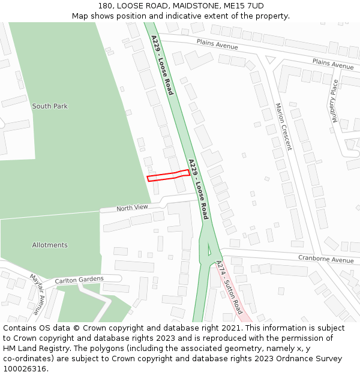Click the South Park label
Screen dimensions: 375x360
[x=50, y=106]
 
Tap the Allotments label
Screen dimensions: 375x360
[x=50, y=245]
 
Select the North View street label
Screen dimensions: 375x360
[x=132, y=208]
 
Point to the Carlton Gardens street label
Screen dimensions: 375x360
[x=79, y=280]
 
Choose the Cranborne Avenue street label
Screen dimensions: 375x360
[x=326, y=260]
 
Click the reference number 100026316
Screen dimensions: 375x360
[x=25, y=368]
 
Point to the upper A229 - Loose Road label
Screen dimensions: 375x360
[x=162, y=65]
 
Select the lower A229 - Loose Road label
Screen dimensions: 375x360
[x=198, y=188]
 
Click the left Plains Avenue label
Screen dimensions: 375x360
[x=217, y=44]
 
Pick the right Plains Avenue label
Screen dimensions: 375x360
[x=333, y=64]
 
